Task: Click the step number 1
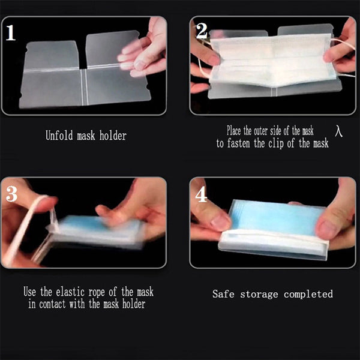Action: [10, 33]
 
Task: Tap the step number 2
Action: [202, 31]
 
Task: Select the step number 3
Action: [11, 194]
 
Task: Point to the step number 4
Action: [201, 194]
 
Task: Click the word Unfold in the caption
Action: [59, 135]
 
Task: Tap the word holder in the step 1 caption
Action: [113, 136]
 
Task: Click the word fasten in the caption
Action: [239, 143]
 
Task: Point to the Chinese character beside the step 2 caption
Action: [339, 131]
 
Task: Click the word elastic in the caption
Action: [70, 292]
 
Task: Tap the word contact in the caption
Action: [52, 304]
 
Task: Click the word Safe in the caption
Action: [223, 294]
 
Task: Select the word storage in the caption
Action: [259, 295]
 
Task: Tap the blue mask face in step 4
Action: [275, 217]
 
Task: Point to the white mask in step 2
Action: [271, 60]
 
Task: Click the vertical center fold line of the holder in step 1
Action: [84, 87]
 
